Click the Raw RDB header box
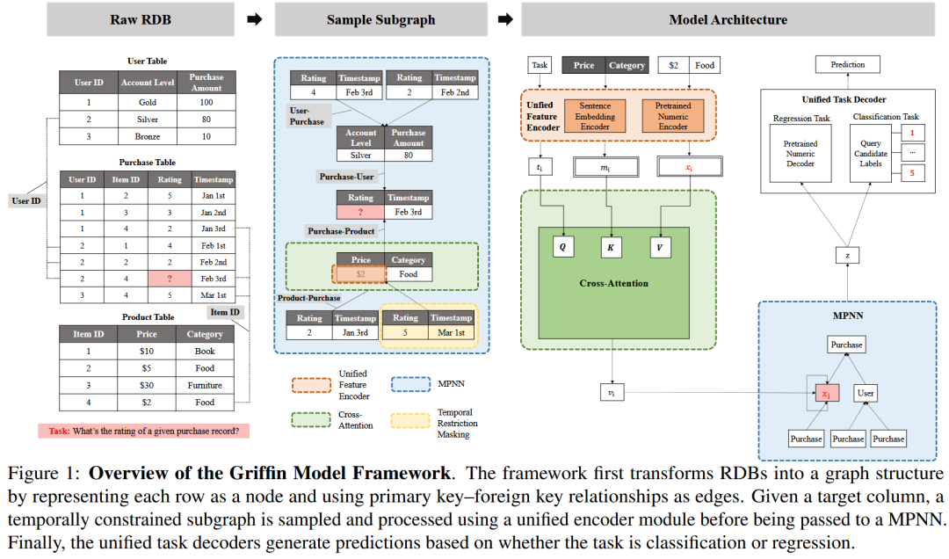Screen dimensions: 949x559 tap(141, 19)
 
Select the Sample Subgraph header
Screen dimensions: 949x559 tap(380, 19)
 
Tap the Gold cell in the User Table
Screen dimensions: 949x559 tap(147, 102)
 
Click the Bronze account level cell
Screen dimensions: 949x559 tap(147, 136)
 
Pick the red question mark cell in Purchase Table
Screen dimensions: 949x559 tap(170, 279)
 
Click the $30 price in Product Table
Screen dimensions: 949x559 tap(147, 385)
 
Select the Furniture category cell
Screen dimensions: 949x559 tap(205, 385)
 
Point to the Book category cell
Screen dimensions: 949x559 tap(205, 352)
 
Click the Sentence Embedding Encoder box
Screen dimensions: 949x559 tap(595, 116)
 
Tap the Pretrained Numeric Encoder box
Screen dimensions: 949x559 tap(673, 116)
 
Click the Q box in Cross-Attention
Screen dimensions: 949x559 tap(563, 247)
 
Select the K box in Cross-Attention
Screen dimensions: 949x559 tap(611, 247)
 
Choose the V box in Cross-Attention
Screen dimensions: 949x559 tap(660, 247)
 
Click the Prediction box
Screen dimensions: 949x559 tap(847, 64)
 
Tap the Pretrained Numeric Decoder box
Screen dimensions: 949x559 tap(800, 153)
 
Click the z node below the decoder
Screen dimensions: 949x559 tap(847, 255)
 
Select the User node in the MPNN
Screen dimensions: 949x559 tap(866, 393)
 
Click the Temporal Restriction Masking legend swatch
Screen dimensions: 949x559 tap(410, 421)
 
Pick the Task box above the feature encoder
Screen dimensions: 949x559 tap(540, 65)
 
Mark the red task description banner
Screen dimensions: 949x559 tap(143, 432)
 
